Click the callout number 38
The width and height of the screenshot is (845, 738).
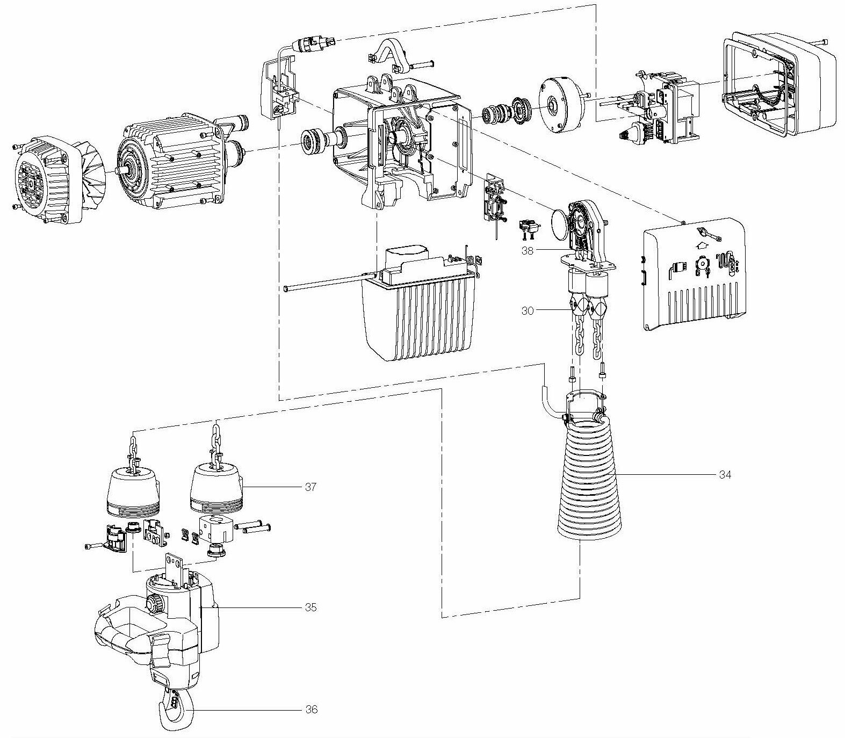[528, 251]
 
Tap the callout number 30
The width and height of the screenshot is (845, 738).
[528, 311]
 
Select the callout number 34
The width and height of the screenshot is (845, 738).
[725, 475]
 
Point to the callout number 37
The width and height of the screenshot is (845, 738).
[310, 487]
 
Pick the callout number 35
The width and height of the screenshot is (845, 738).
[310, 607]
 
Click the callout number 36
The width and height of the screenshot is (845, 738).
[310, 710]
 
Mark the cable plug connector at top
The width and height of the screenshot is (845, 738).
[314, 42]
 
